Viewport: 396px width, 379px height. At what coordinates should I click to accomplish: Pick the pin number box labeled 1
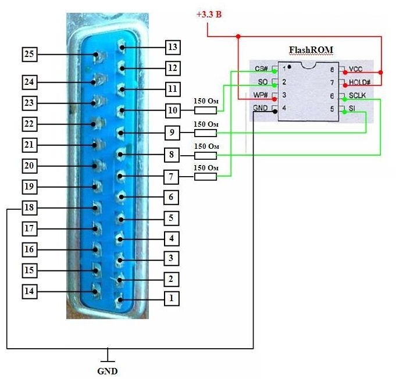(171, 299)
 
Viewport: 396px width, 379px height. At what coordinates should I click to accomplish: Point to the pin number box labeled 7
(171, 176)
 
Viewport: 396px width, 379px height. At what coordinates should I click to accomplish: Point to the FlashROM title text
(312, 50)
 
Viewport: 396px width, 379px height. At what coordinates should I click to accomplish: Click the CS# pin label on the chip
(261, 69)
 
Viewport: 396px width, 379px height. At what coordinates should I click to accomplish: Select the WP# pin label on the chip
(260, 95)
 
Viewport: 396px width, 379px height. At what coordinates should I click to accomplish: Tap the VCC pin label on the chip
(355, 69)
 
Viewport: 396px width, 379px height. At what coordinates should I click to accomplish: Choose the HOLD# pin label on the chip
(359, 83)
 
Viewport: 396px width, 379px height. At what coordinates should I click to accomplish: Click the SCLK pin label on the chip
(358, 95)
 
